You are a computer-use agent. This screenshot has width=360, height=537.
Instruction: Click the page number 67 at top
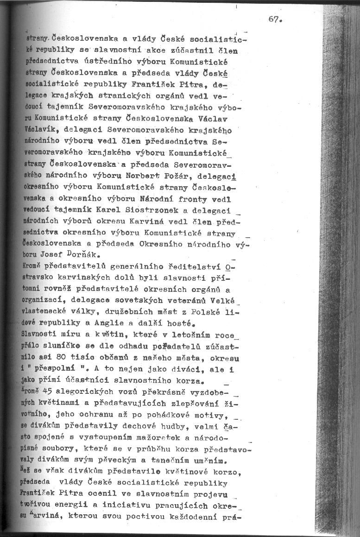tap(275, 19)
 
